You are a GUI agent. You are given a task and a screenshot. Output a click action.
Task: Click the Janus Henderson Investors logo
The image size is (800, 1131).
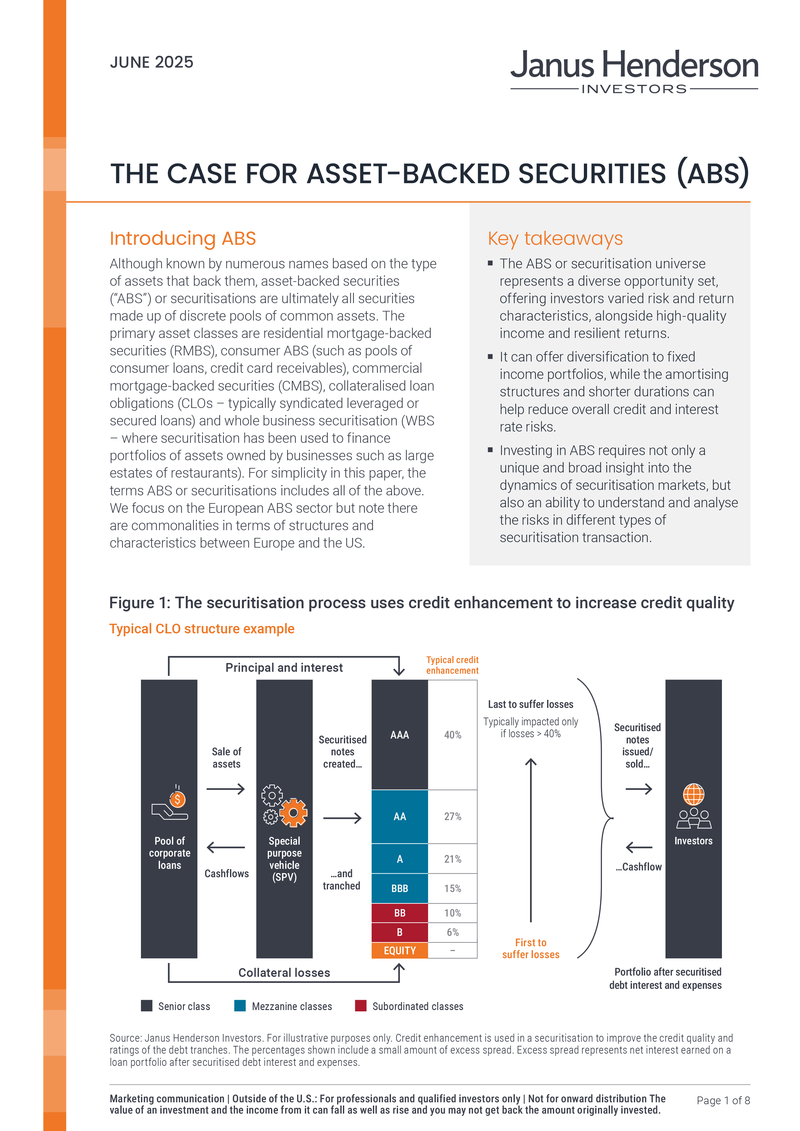coord(634,71)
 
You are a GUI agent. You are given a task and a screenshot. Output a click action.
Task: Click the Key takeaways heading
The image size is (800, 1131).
coord(555,238)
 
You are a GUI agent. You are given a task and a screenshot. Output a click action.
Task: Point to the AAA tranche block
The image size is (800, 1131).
coord(399,734)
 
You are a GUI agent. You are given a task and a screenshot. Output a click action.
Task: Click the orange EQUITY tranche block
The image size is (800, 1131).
coord(399,950)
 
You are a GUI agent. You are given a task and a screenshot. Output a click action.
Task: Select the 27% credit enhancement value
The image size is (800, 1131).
coord(453,816)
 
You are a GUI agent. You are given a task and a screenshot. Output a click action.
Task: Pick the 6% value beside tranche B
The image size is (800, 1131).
coord(453,932)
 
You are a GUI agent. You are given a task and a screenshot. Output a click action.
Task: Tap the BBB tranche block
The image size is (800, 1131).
coord(399,888)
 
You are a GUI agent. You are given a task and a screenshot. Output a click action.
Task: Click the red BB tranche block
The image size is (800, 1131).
coord(399,913)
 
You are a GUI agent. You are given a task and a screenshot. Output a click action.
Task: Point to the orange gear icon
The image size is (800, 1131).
coord(294,812)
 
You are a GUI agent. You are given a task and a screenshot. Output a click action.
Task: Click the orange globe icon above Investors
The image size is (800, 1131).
coord(693,794)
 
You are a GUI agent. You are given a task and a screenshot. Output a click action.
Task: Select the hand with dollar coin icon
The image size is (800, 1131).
coord(170,803)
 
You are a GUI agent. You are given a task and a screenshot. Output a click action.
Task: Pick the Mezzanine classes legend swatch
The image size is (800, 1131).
coord(240,1006)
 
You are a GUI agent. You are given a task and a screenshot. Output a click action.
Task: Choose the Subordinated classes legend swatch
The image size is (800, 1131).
coord(361,1006)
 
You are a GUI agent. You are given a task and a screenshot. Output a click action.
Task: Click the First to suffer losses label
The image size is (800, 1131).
coord(531,948)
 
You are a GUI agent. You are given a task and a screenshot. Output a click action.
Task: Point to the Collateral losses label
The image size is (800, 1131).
coord(284,972)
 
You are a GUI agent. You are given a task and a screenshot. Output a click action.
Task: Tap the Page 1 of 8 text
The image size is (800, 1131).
coord(723,1100)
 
